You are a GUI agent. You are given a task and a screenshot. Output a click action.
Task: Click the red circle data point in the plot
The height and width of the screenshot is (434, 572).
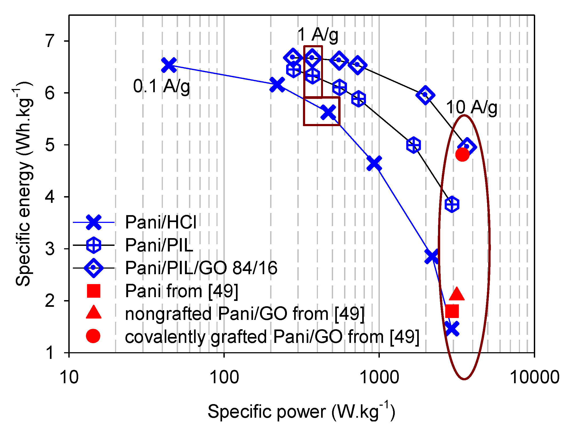click(462, 154)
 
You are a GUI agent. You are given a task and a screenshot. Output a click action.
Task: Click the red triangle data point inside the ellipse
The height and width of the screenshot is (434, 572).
click(457, 294)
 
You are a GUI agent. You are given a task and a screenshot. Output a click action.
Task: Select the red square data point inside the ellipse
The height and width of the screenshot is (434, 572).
click(452, 311)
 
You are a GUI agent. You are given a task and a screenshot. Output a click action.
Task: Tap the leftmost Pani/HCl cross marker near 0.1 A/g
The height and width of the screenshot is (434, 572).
click(169, 65)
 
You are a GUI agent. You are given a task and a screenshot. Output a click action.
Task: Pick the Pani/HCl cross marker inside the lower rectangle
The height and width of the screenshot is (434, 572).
click(328, 112)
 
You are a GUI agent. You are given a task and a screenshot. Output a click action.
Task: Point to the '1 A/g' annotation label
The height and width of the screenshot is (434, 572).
click(318, 35)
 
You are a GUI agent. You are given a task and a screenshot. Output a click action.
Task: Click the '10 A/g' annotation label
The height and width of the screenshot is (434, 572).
click(472, 108)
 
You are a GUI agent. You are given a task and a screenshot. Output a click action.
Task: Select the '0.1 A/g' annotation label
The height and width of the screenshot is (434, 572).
click(161, 86)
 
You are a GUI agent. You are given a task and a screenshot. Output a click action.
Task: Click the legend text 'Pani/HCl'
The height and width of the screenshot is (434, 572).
click(161, 222)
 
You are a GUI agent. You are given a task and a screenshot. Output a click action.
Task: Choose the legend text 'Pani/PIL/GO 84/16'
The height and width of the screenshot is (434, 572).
click(201, 268)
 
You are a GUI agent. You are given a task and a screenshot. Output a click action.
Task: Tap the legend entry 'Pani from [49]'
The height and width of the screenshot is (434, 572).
click(182, 291)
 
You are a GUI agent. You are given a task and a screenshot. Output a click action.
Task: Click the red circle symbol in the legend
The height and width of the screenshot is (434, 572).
click(93, 336)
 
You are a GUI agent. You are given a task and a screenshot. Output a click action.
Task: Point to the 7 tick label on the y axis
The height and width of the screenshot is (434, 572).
click(50, 41)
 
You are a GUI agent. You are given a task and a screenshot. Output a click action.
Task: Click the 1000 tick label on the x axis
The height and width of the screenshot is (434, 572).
click(379, 377)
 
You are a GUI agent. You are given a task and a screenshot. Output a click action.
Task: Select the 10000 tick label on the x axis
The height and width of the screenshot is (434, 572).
click(534, 377)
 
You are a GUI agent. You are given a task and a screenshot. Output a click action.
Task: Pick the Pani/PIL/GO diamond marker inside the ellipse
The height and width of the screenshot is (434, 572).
click(467, 147)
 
